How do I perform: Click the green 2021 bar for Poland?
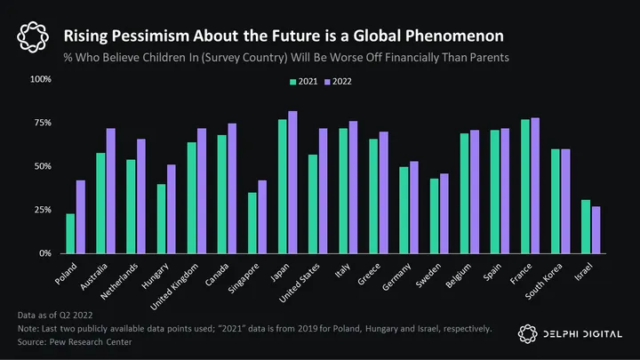70,234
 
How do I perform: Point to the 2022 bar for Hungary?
172,209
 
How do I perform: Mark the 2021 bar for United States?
313,204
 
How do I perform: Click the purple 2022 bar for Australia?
111,191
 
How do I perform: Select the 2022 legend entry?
340,81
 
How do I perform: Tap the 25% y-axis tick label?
43,210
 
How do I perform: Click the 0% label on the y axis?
45,253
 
